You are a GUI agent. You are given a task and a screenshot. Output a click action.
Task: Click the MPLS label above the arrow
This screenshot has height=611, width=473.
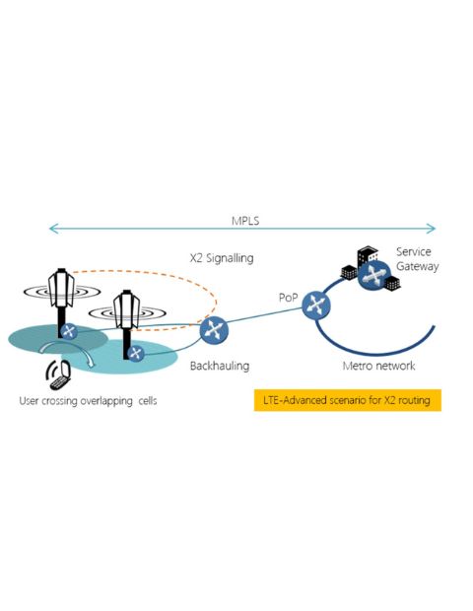tap(245, 221)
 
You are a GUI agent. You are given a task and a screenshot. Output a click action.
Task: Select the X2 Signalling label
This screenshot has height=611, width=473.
tap(222, 258)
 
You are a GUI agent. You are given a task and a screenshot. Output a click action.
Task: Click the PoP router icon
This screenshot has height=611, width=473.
tap(316, 305)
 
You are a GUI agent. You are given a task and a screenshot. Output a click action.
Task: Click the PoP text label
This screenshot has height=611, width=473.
tap(289, 298)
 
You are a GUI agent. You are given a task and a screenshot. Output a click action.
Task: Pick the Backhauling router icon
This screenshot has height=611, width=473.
tap(214, 330)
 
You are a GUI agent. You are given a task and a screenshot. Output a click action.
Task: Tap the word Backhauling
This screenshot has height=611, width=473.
tap(220, 366)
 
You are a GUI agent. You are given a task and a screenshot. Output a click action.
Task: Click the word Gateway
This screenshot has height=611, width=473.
tap(417, 267)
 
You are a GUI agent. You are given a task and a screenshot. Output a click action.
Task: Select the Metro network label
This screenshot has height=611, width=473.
tap(378, 366)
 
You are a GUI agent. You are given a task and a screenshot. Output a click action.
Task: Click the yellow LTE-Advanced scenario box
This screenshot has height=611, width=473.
tap(348, 400)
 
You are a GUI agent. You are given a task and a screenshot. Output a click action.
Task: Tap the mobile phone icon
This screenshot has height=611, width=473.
tap(58, 374)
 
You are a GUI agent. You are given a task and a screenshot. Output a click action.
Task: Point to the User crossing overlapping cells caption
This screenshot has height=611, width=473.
tap(88, 400)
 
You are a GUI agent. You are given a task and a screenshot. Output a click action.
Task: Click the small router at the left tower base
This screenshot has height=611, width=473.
tap(69, 331)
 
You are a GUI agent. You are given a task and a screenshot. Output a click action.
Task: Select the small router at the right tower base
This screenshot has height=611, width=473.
tap(136, 354)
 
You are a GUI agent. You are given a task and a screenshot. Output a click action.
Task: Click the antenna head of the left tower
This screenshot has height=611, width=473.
tap(61, 288)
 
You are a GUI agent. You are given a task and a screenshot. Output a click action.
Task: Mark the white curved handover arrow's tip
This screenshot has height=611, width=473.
tap(92, 366)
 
